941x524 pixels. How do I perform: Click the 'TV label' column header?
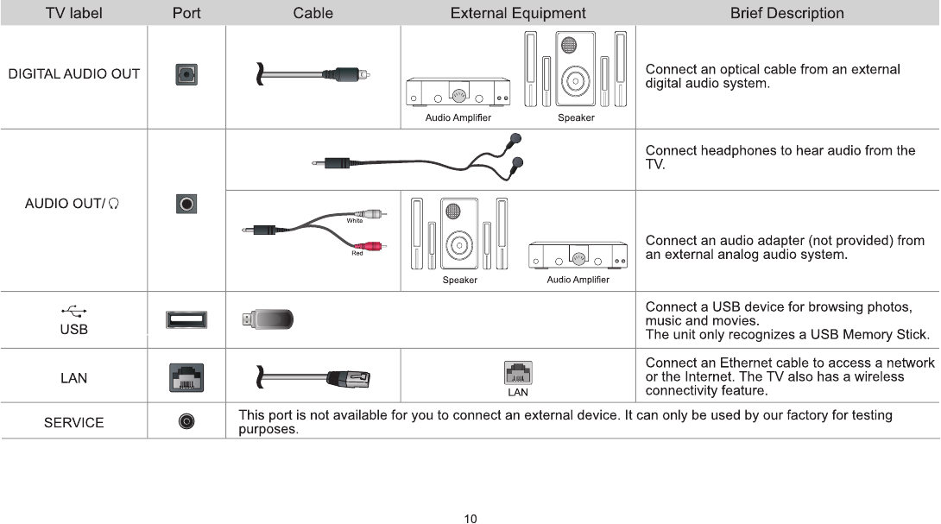click(x=73, y=13)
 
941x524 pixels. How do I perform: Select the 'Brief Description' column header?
click(x=786, y=13)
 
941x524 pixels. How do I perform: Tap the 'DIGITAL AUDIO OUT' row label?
click(x=73, y=74)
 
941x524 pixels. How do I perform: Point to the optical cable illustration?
click(x=316, y=75)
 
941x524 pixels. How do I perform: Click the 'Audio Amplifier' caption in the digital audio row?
click(x=458, y=117)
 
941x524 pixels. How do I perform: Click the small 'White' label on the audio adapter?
click(x=354, y=221)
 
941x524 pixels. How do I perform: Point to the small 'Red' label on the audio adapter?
click(x=357, y=253)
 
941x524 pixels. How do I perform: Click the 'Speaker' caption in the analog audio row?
click(x=459, y=280)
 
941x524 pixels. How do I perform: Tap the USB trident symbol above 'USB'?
click(x=73, y=311)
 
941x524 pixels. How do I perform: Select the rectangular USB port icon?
click(x=186, y=320)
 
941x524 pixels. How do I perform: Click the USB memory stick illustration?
click(x=268, y=320)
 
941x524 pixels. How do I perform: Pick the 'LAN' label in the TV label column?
click(x=73, y=378)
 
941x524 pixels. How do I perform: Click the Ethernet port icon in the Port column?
click(x=186, y=377)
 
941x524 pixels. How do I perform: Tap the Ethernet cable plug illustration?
click(x=347, y=377)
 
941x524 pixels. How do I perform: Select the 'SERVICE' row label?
click(x=73, y=422)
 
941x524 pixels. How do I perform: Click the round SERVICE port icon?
click(x=186, y=421)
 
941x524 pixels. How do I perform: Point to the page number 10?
click(x=470, y=518)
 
